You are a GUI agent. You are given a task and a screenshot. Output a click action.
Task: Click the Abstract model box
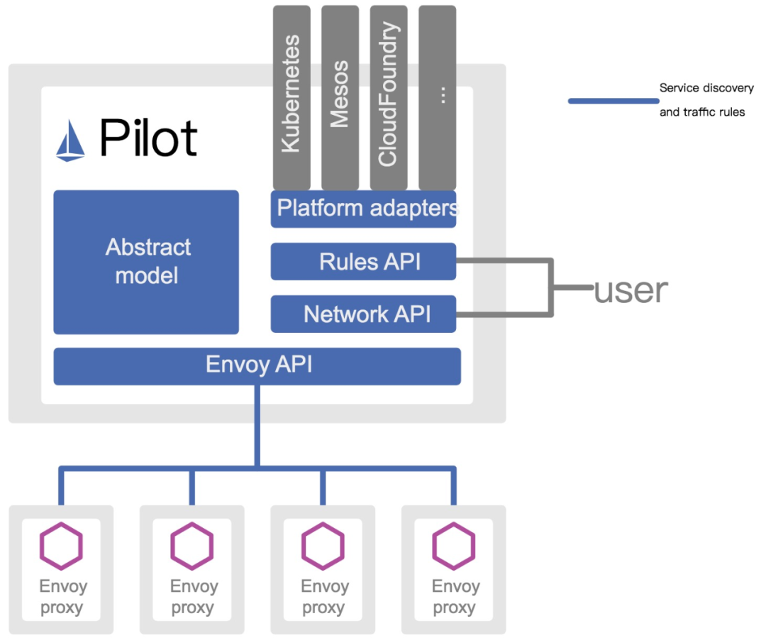(146, 262)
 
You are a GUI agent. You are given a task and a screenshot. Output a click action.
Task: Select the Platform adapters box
(363, 209)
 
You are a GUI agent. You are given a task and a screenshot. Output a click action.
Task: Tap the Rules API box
(363, 261)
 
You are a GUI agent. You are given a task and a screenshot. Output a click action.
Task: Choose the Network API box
(363, 314)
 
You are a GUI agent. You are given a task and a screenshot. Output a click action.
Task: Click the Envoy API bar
(257, 366)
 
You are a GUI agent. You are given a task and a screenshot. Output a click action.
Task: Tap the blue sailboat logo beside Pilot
(70, 140)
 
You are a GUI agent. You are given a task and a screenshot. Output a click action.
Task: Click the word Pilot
(148, 138)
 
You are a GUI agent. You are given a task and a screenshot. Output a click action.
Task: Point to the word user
(631, 290)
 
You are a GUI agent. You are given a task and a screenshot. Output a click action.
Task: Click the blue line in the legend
(613, 101)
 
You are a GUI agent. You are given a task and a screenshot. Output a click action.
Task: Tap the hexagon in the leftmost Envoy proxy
(61, 546)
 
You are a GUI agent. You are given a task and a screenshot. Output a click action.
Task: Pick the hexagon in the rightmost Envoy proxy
(454, 546)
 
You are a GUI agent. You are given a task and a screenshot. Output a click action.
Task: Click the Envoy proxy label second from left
(192, 597)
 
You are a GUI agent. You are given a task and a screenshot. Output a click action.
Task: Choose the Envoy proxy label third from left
(323, 597)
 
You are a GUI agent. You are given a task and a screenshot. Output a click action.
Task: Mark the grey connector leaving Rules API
(504, 260)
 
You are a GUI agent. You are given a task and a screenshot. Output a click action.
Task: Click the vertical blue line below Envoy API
(257, 426)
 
